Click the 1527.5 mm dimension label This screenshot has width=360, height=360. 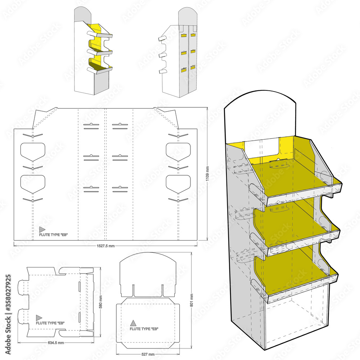[x=105, y=246]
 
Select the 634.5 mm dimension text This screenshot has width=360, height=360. [x=55, y=342]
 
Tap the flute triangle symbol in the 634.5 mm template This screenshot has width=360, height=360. [x=39, y=318]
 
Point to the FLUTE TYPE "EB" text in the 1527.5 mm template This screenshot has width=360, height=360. [x=53, y=234]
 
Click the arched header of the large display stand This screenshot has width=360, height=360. [x=260, y=115]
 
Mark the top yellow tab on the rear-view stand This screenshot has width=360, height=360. [x=183, y=36]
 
